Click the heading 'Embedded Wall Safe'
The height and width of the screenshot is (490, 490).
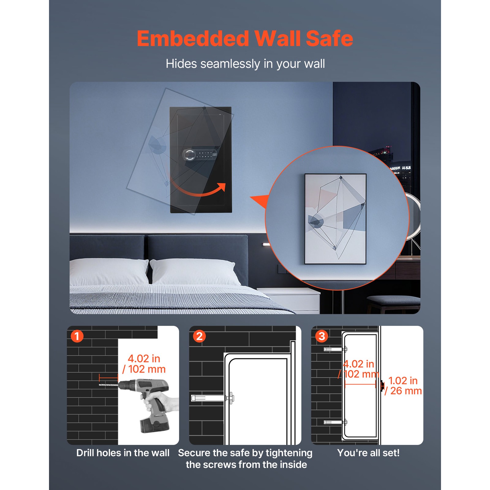click(245, 39)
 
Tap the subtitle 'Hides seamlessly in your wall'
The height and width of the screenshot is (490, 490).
click(245, 64)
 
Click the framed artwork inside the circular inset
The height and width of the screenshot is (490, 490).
click(335, 219)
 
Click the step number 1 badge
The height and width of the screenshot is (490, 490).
click(77, 336)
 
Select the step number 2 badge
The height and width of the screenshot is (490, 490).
click(199, 336)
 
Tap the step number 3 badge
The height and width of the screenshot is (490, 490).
click(322, 336)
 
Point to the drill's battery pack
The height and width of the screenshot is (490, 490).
click(154, 424)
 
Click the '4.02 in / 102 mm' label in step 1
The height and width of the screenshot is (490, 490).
click(144, 364)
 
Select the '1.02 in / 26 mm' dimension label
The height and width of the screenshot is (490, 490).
click(403, 386)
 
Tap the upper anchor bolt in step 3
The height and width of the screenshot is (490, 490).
click(335, 349)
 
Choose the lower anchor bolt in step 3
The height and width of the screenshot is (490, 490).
click(335, 422)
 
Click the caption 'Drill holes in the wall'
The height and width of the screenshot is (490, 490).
click(123, 453)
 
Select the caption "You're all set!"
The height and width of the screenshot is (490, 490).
click(368, 453)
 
